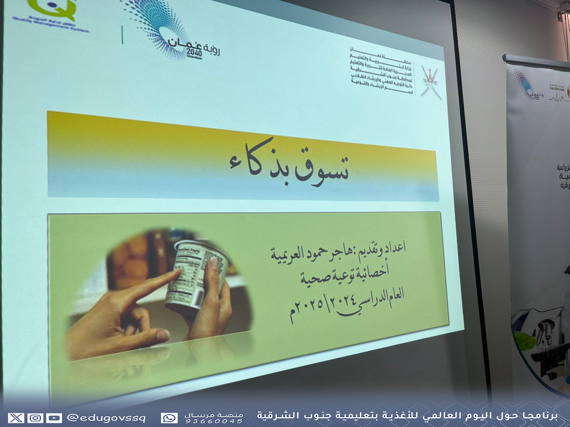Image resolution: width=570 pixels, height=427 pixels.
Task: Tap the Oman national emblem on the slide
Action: tap(430, 82)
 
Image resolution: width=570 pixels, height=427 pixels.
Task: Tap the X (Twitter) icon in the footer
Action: tap(16, 418)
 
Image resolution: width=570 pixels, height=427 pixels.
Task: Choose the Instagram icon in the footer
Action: tap(34, 418)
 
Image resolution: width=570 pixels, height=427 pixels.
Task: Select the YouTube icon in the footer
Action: tap(53, 418)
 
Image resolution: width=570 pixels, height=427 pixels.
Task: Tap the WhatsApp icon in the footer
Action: tap(169, 418)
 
